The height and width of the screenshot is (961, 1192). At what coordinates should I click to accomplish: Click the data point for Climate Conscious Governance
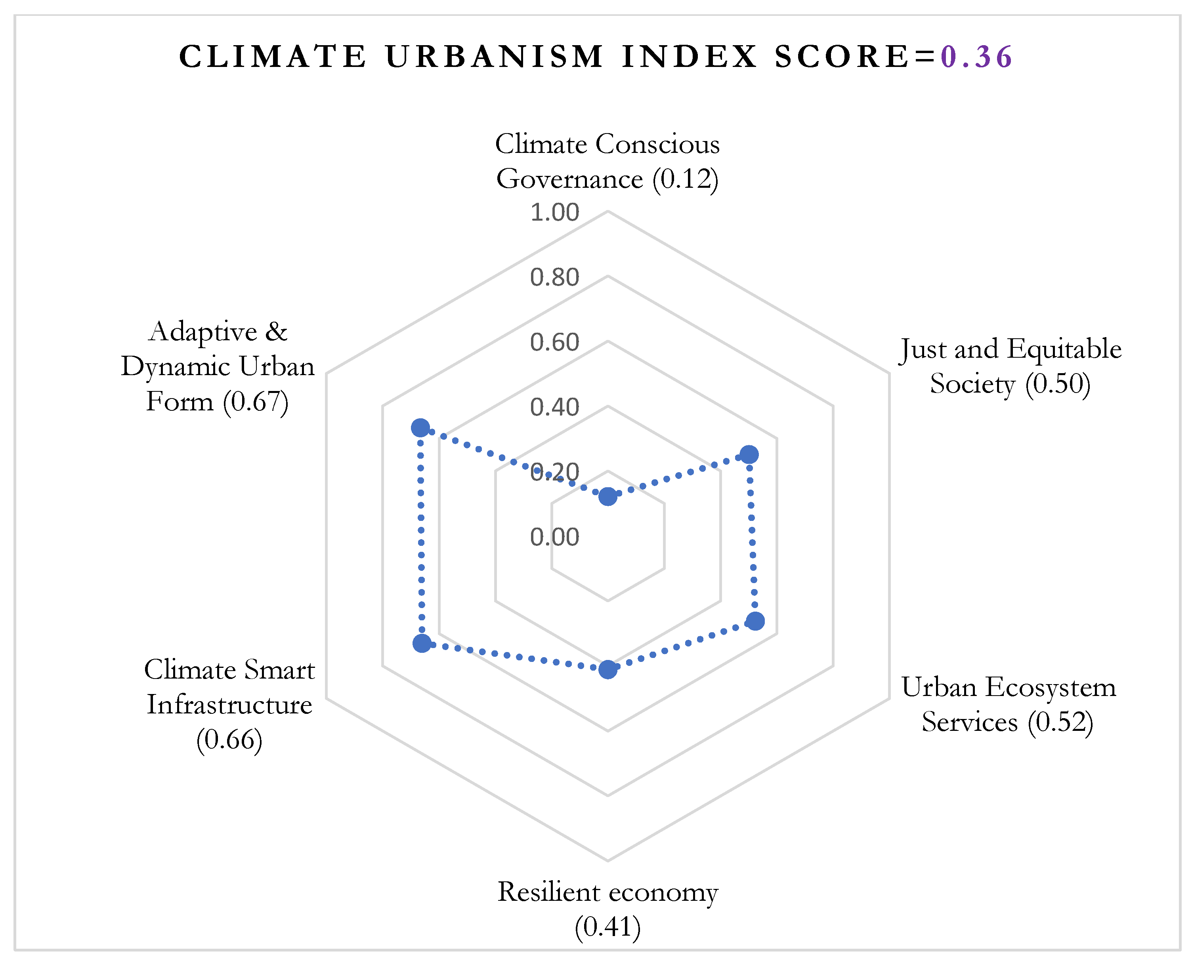coord(608,497)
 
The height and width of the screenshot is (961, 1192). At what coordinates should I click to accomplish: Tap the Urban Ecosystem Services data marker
coord(755,621)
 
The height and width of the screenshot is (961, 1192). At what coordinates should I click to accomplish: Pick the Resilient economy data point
coord(608,669)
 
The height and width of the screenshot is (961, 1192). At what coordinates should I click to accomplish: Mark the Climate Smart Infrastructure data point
coord(422,643)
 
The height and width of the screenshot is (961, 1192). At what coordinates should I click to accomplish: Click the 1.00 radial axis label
coord(554,212)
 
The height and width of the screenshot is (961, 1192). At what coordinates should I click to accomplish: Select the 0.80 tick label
coord(554,277)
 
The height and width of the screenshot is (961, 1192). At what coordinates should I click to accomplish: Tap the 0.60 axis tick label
coord(554,342)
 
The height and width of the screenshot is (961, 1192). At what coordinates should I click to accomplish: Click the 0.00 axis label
coord(554,537)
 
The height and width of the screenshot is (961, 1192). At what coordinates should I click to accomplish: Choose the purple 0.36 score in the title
coord(977,57)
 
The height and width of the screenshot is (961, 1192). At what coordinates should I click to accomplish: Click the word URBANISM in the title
coord(494,57)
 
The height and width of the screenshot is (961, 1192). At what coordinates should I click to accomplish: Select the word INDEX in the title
coord(689,57)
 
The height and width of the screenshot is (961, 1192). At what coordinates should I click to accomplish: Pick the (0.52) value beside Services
coord(1060,722)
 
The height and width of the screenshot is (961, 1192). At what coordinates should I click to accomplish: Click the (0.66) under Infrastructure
coord(229,740)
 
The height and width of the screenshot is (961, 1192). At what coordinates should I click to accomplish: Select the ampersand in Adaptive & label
coord(276,332)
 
